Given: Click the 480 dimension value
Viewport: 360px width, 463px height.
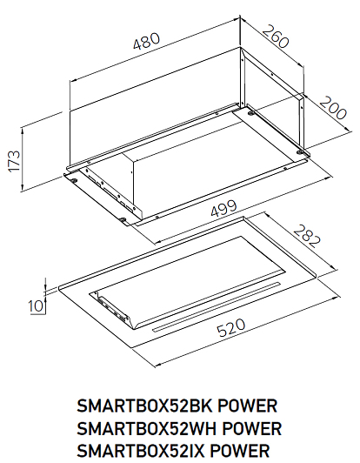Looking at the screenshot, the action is [x=146, y=41].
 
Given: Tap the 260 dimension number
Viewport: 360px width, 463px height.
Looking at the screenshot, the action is [x=275, y=37].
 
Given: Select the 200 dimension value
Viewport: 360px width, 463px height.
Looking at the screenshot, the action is [x=333, y=108].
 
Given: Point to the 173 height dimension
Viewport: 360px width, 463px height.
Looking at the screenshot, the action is [x=14, y=161].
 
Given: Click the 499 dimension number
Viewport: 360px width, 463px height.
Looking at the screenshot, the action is [x=224, y=209].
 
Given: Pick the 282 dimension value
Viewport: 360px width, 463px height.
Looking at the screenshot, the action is [x=307, y=236].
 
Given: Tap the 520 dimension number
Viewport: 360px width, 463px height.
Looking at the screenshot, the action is [x=231, y=327].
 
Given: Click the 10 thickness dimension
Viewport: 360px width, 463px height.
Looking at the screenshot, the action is [x=36, y=306].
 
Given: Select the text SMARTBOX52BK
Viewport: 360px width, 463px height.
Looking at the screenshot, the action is [x=144, y=406].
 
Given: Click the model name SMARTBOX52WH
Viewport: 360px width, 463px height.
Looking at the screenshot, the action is [x=147, y=428].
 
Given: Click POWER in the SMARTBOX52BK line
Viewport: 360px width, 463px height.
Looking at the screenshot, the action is [x=247, y=406].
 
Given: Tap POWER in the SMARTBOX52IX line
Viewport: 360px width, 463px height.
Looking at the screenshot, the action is [x=240, y=451].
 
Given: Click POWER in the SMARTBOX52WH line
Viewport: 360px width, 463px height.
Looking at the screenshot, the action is [x=251, y=428].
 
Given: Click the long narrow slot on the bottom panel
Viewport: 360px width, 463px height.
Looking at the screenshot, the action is [x=216, y=307].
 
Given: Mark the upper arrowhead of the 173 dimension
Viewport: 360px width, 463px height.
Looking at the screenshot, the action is [x=23, y=130].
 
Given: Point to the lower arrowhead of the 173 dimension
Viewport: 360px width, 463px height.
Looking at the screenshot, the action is [x=23, y=187].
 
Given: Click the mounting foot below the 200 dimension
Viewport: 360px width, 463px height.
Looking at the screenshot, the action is [x=300, y=152].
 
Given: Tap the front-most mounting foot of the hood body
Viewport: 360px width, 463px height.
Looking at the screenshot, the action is [x=123, y=219].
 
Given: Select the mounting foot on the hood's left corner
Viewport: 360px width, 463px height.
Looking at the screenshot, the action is [x=73, y=180].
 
